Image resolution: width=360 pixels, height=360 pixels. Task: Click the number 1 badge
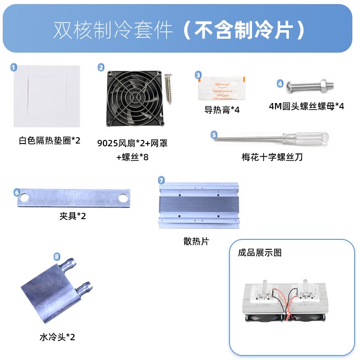[13, 67]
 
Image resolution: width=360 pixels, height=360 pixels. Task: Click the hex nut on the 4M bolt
[324, 83]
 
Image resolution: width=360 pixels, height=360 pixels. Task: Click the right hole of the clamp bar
[121, 198]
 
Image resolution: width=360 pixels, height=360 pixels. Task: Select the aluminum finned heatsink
[198, 206]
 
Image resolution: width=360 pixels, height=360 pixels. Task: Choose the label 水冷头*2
[57, 336]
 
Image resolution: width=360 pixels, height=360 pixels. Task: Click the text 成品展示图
[260, 252]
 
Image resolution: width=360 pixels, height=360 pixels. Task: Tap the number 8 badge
[57, 256]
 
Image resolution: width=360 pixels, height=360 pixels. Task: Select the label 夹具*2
[72, 216]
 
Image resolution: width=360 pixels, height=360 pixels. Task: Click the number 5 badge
[214, 134]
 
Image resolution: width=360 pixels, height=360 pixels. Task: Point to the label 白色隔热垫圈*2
[49, 140]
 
